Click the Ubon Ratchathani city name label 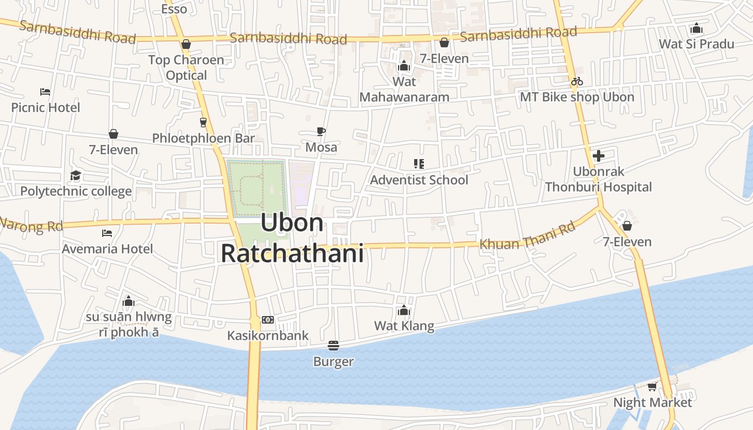click(x=292, y=238)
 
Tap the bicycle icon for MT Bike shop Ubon click(x=577, y=81)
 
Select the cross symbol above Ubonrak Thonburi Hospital click(x=598, y=156)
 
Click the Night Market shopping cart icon click(x=652, y=386)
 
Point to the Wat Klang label click(x=404, y=326)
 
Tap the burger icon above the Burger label click(x=333, y=345)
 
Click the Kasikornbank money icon click(x=268, y=320)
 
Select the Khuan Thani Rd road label click(x=527, y=236)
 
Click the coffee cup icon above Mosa click(x=321, y=131)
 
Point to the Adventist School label click(x=419, y=180)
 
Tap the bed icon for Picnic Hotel click(x=45, y=92)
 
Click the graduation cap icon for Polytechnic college click(x=75, y=175)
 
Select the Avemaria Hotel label click(x=107, y=249)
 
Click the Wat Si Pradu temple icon click(x=697, y=28)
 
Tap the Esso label click(x=174, y=9)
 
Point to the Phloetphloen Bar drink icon click(x=203, y=122)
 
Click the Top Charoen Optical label click(x=186, y=67)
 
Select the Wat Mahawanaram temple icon click(x=404, y=66)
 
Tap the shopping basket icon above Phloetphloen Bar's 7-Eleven click(x=113, y=134)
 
